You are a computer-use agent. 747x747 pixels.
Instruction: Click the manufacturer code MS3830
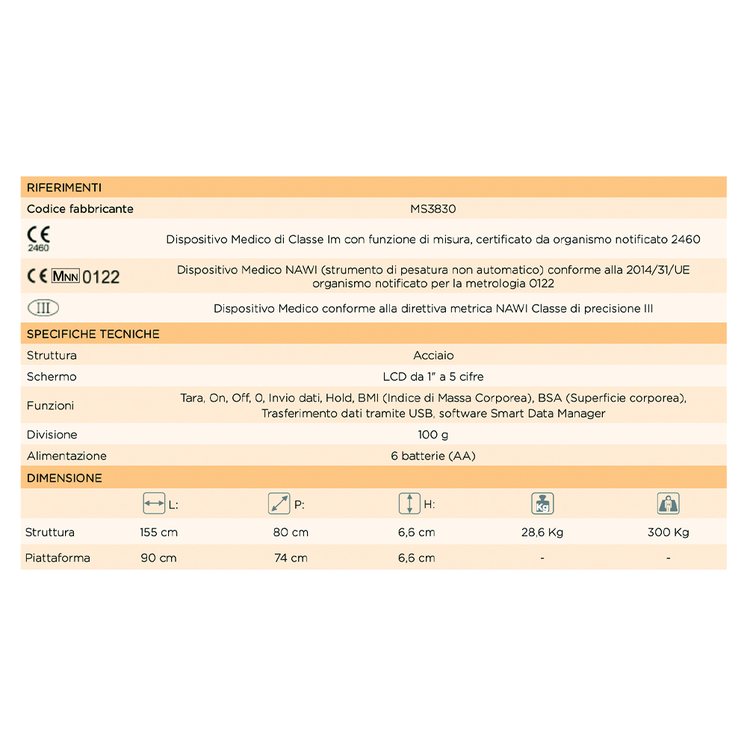pos(433,209)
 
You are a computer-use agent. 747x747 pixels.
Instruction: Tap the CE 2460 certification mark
pos(38,238)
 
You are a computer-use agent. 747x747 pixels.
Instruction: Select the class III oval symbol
pos(43,308)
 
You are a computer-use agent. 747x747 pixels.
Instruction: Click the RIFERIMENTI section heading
pos(64,187)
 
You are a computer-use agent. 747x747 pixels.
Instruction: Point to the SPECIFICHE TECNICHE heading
pos(93,334)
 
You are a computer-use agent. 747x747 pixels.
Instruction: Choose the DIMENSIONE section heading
pos(64,478)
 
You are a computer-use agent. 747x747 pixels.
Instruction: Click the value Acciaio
pos(433,356)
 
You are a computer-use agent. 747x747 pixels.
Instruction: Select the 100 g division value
pos(433,435)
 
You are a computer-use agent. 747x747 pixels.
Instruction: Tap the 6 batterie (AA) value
pos(433,456)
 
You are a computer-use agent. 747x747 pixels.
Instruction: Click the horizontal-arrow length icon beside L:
pos(154,504)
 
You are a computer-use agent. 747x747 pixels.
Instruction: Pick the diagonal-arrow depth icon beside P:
pos(279,504)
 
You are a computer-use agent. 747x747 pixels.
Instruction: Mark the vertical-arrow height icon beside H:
pos(409,504)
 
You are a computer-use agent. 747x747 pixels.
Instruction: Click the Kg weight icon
pos(541,504)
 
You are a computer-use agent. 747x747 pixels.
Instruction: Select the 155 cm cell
pos(158,533)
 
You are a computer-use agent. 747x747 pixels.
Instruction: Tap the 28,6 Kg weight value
pos(542,533)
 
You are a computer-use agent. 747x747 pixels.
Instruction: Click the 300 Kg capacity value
pos(669,533)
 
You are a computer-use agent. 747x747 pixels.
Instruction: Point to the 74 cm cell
pos(291,558)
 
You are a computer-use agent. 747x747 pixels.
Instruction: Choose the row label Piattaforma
pos(58,558)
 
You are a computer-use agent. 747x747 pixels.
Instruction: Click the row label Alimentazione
pos(66,456)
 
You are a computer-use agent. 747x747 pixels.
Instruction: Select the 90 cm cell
pos(158,558)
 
